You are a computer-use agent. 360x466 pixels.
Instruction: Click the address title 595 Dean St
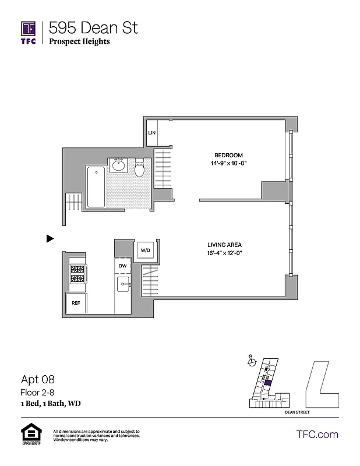click(93, 27)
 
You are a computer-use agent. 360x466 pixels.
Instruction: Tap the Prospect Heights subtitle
click(79, 41)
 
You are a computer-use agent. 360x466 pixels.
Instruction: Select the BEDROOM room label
click(228, 154)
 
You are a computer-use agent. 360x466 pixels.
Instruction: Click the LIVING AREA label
click(224, 245)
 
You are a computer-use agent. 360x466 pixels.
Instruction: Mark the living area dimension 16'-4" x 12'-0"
click(224, 253)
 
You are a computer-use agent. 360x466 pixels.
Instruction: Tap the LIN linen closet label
click(151, 133)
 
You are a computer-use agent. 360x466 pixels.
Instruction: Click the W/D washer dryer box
click(144, 250)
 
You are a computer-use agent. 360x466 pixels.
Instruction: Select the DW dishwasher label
click(122, 266)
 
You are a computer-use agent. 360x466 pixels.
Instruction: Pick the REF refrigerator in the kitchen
click(76, 303)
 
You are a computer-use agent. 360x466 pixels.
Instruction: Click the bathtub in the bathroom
click(96, 187)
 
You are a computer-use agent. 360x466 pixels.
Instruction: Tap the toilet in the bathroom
click(140, 169)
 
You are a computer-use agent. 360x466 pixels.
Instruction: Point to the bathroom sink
click(119, 165)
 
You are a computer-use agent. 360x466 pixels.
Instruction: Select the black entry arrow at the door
click(50, 238)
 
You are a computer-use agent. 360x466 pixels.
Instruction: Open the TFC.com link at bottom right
click(317, 434)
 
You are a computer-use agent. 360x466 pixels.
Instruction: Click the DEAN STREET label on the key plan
click(297, 412)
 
